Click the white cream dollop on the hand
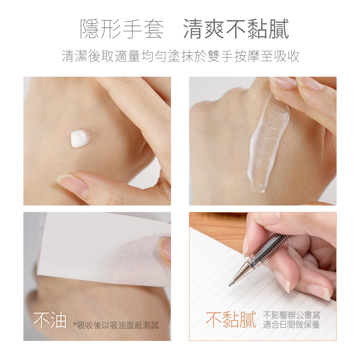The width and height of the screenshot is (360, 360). pos(80,139)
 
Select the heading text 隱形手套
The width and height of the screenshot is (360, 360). pos(122,29)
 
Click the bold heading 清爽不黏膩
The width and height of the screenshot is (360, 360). pos(236,29)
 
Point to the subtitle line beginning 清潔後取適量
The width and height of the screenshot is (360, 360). pos(180,56)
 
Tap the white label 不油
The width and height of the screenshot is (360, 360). pos(50,320)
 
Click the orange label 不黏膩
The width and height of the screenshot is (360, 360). pos(231,319)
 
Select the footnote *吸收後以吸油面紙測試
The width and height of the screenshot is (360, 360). pos(116,325)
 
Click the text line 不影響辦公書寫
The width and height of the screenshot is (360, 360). pos(291,315)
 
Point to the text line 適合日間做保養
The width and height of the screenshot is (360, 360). pos(291,325)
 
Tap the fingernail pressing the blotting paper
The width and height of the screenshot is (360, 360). pos(165,249)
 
